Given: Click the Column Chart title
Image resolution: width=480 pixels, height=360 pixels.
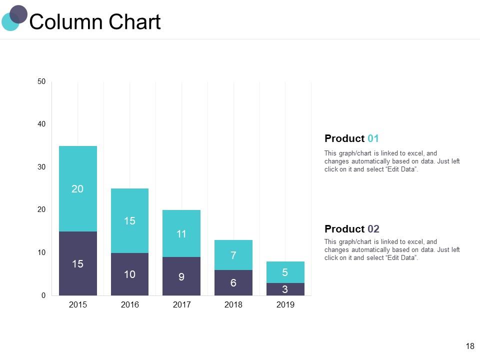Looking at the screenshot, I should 95,22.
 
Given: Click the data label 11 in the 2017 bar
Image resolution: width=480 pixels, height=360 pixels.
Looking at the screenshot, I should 181,233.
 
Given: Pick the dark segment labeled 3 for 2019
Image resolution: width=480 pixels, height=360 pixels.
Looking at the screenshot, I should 285,289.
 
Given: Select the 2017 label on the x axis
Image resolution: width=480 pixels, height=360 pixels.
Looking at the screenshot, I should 181,304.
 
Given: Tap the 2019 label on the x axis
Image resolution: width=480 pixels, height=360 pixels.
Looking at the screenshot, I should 285,304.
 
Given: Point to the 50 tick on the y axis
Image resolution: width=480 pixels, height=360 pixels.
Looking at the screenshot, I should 41,81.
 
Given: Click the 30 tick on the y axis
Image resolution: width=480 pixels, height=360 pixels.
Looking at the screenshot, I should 41,167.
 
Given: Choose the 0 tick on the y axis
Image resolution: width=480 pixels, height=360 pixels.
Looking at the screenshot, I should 43,295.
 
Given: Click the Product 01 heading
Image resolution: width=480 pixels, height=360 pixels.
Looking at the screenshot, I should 351,138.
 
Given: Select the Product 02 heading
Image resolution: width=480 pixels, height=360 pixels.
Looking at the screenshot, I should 351,229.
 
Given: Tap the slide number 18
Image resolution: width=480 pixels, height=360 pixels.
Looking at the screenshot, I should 469,346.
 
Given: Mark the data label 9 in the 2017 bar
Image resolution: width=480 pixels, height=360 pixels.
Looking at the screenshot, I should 181,276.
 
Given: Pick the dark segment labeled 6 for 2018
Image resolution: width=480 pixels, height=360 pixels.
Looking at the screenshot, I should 233,283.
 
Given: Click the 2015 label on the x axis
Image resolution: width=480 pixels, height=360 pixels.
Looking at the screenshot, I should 77,304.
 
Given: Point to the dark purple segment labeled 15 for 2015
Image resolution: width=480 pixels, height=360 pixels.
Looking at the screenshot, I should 77,263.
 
